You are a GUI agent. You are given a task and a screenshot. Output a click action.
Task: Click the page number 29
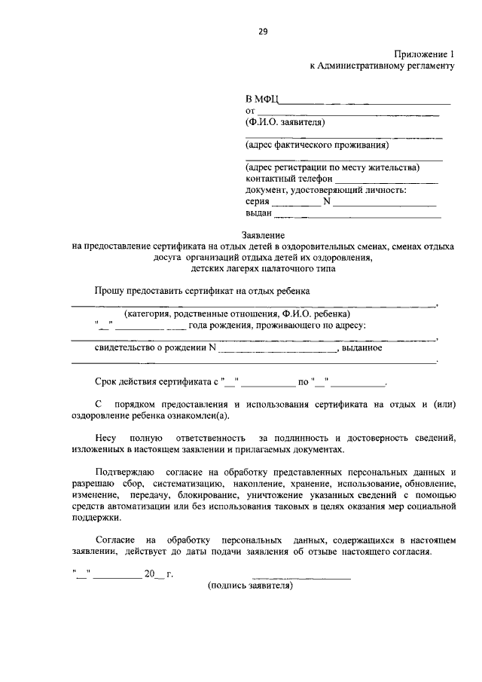(x=262, y=31)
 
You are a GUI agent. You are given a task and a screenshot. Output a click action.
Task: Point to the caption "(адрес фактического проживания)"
(x=317, y=145)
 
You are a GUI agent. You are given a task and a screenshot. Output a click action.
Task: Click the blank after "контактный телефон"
(x=386, y=182)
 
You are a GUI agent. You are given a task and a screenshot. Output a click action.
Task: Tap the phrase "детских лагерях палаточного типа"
(x=263, y=268)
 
